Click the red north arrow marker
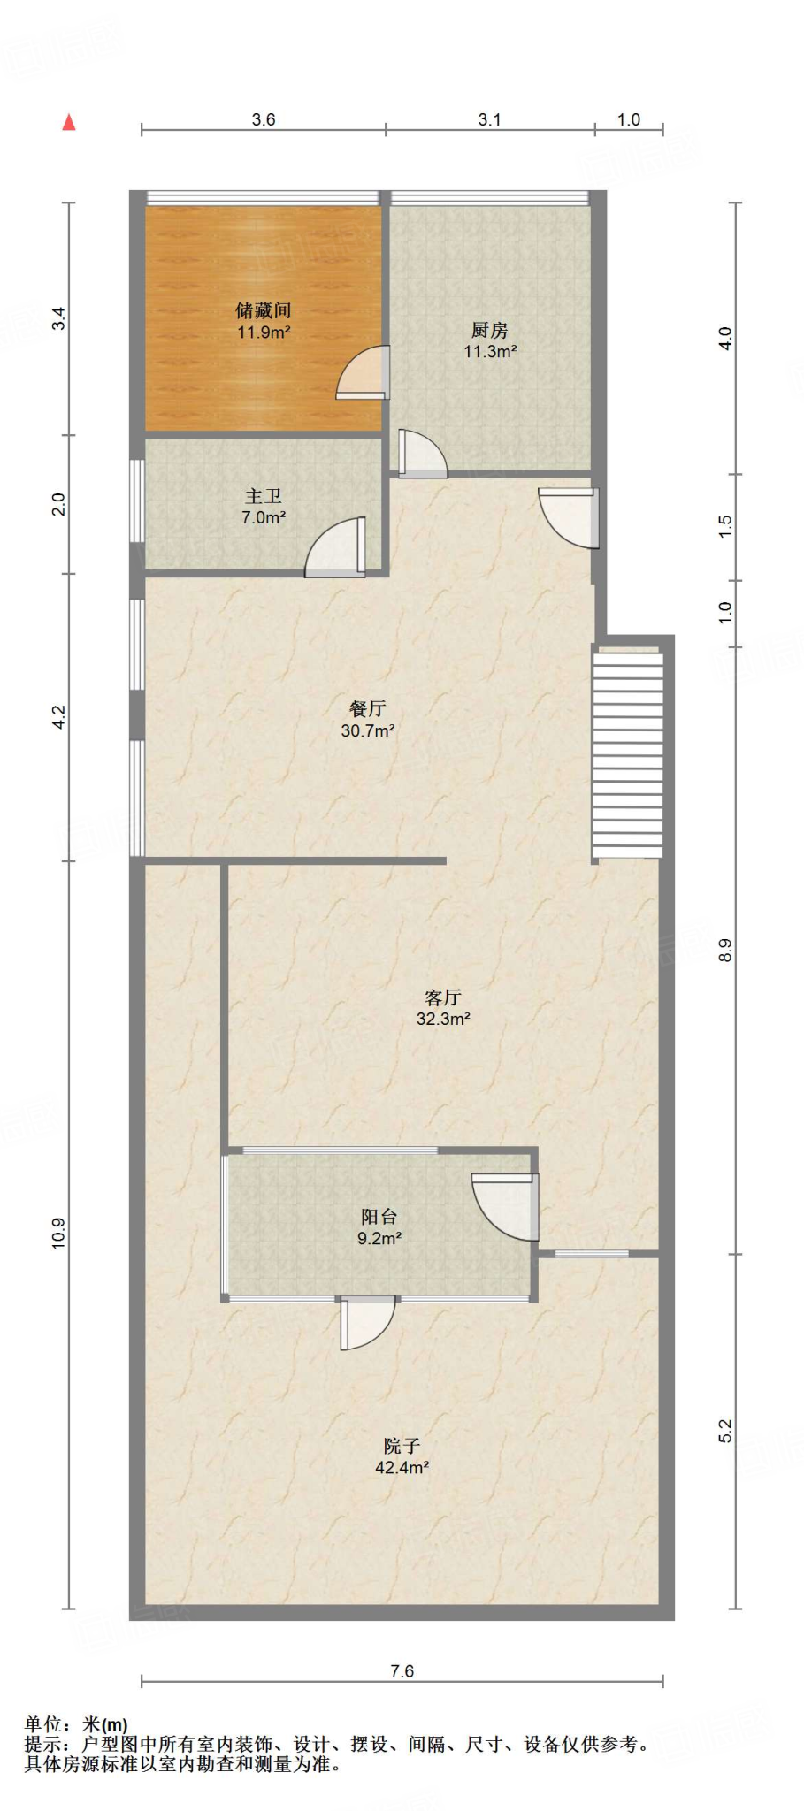pos(69,123)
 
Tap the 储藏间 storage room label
pos(264,310)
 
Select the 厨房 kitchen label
pos(490,330)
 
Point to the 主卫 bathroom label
pos(264,496)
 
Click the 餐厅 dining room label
pos(367,708)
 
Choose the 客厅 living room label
pos(443,997)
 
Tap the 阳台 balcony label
pos(379,1217)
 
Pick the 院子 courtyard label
pos(402,1446)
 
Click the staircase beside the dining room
pos(627,753)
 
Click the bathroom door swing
pos(335,547)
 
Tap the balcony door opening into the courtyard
pos(367,1323)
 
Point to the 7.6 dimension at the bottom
pos(402,1670)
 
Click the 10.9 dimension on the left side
pos(58,1234)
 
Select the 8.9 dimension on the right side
pos(725,951)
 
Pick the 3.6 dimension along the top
pos(264,119)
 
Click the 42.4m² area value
pos(402,1468)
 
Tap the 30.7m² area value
pos(368,730)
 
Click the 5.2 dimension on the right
pos(725,1431)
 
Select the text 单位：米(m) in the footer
pos(76,1724)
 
